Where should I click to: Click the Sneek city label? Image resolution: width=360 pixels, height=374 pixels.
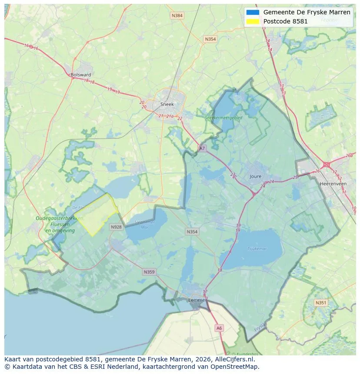click(x=167, y=104)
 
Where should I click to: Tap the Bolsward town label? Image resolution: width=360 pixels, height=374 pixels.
click(x=80, y=75)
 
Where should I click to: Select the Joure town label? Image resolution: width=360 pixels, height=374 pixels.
click(x=256, y=176)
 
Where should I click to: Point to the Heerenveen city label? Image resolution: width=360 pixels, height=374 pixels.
click(x=333, y=184)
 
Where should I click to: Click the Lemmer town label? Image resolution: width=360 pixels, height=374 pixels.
click(x=197, y=300)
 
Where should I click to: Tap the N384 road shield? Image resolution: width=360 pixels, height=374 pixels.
click(x=177, y=16)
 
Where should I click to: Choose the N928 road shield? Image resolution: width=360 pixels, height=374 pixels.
click(x=116, y=227)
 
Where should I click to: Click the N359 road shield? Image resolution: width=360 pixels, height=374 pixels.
click(x=149, y=272)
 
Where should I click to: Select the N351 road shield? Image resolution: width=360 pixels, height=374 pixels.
click(x=321, y=303)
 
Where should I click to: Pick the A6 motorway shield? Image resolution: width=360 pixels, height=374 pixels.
click(x=219, y=328)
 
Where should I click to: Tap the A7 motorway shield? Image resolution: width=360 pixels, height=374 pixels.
click(x=202, y=148)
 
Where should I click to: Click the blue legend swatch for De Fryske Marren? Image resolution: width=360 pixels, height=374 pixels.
click(x=252, y=12)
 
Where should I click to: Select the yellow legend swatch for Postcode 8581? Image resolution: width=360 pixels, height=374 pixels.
click(x=252, y=21)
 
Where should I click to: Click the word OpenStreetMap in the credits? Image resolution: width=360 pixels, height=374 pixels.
click(x=235, y=367)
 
